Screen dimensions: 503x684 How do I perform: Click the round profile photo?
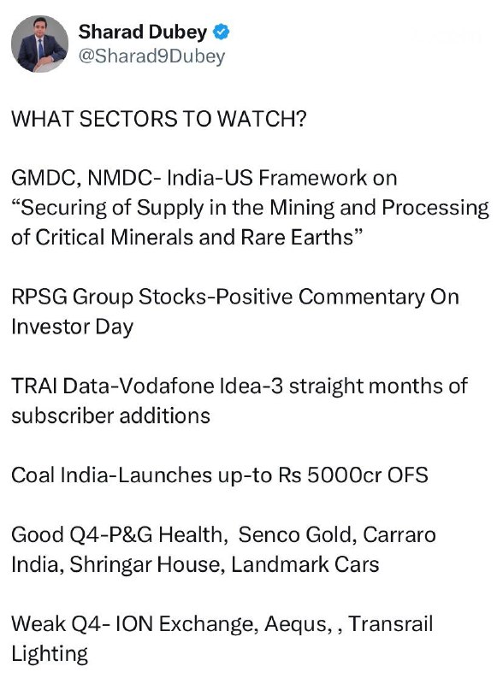pyautogui.click(x=39, y=44)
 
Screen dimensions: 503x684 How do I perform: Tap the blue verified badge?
pyautogui.click(x=222, y=32)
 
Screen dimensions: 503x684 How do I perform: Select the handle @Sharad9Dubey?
pyautogui.click(x=151, y=56)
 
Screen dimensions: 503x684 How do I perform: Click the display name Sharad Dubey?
pyautogui.click(x=142, y=32)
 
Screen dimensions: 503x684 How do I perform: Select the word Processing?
pyautogui.click(x=435, y=208)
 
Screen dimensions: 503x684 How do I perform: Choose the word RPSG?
pyautogui.click(x=39, y=297)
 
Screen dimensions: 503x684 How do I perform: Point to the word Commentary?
pyautogui.click(x=362, y=297)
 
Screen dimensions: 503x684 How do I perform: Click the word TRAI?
pyautogui.click(x=34, y=386)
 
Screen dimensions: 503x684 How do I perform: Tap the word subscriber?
pyautogui.click(x=62, y=416)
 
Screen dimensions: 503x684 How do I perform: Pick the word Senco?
pyautogui.click(x=269, y=535)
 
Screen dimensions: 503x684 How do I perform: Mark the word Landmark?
pyautogui.click(x=279, y=564)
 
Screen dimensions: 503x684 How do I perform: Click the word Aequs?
pyautogui.click(x=296, y=624)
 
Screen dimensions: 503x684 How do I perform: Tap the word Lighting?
pyautogui.click(x=50, y=654)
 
